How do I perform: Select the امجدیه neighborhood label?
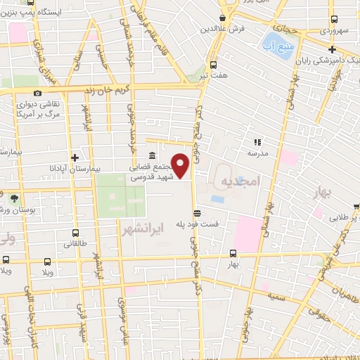point(240,182)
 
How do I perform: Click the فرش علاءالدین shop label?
point(223,29)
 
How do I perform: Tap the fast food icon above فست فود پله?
point(198,212)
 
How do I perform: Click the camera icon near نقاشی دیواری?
point(37,93)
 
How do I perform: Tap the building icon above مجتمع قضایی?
point(152,155)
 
